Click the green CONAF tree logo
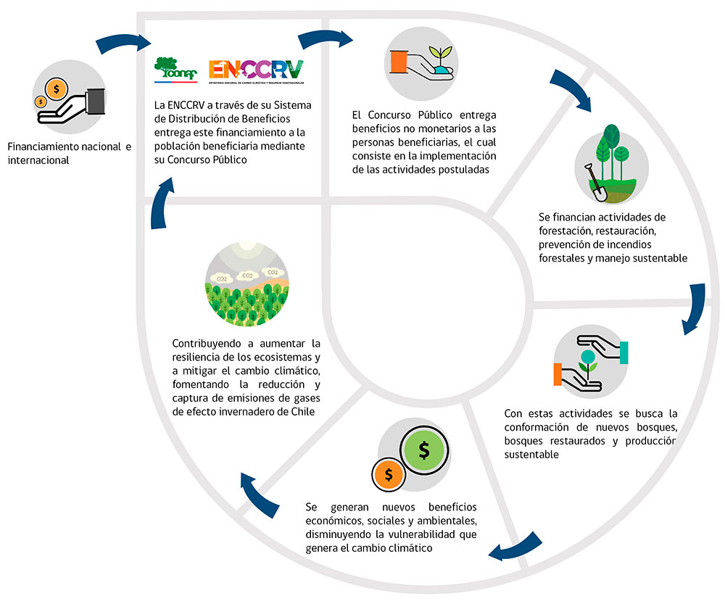[175, 70]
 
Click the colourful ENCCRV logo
[256, 70]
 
